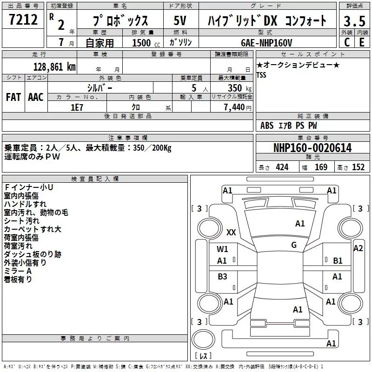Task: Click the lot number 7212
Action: [x=23, y=20]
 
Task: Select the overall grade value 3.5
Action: [x=354, y=21]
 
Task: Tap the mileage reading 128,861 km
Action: [x=54, y=67]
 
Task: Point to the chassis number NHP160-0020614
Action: [x=312, y=148]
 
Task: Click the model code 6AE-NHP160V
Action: [x=266, y=43]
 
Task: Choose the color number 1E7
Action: [x=77, y=107]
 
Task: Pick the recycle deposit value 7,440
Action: [x=234, y=107]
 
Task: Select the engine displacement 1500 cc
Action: [x=146, y=43]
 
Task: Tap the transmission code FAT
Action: [x=13, y=97]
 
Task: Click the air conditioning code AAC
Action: [x=36, y=97]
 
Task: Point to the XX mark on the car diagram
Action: [x=231, y=232]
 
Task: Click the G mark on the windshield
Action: [x=294, y=245]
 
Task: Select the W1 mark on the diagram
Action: [x=222, y=249]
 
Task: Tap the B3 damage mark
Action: [x=222, y=276]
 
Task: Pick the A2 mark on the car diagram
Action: [x=358, y=248]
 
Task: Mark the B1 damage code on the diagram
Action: [x=338, y=261]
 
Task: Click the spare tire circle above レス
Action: [x=203, y=339]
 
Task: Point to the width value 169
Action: [x=321, y=167]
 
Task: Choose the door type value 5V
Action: [x=180, y=20]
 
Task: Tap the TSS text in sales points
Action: [x=261, y=75]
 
